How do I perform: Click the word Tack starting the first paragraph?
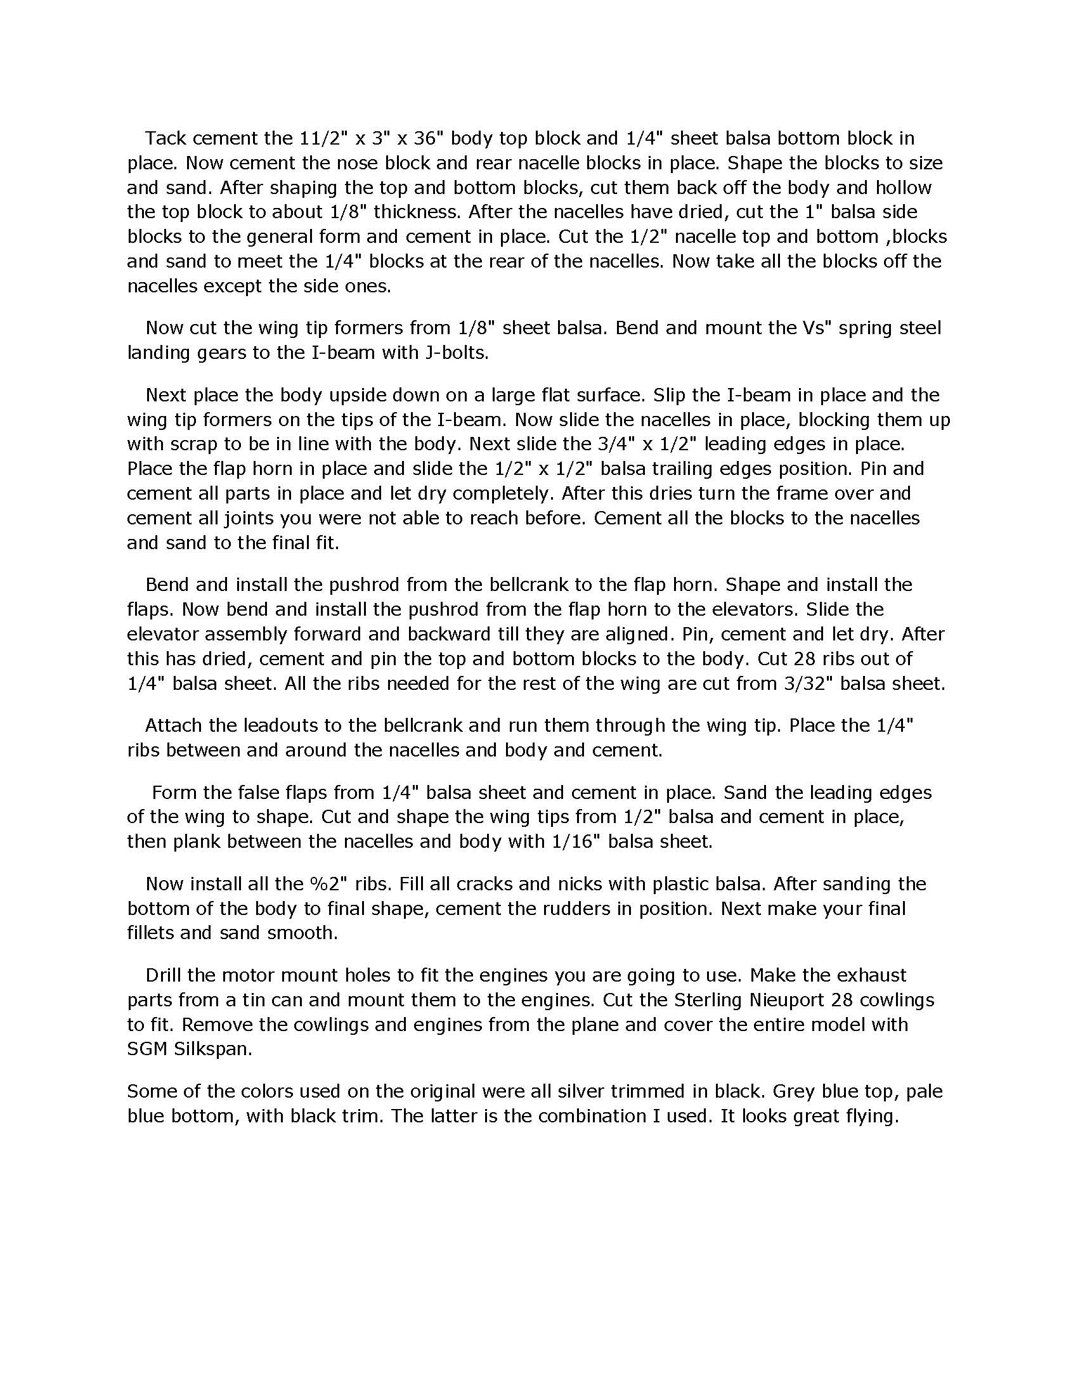point(166,138)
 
